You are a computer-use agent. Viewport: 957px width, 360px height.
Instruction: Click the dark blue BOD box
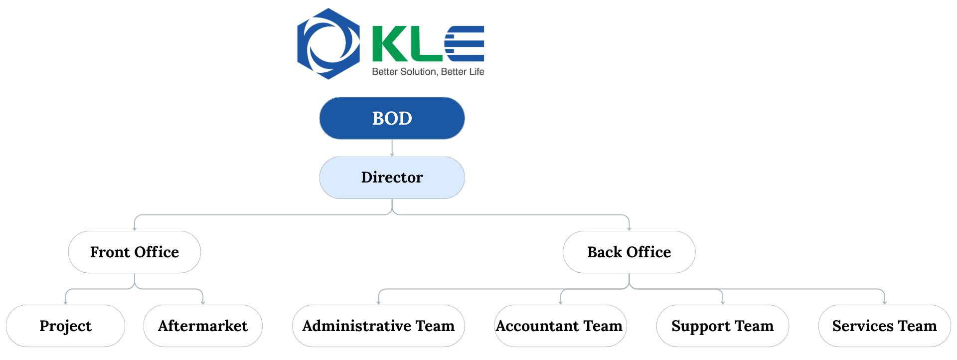click(392, 118)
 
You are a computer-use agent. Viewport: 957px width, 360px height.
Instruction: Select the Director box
click(392, 178)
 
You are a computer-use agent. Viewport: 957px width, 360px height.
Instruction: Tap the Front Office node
click(135, 252)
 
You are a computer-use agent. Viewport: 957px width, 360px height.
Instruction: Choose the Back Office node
click(629, 252)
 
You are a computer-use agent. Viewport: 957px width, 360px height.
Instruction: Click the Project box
click(65, 326)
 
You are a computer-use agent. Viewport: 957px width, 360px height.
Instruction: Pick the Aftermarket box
click(203, 326)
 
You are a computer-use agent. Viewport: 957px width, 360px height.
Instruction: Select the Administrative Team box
click(378, 326)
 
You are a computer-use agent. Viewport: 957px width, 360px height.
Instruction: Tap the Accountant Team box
click(560, 326)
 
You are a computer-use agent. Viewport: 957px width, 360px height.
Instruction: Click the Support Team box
click(723, 326)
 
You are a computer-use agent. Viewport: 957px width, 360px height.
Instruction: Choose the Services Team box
click(885, 326)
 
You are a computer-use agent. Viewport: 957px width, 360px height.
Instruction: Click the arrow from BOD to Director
click(392, 148)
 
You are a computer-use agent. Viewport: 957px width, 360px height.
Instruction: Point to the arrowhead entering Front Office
click(135, 229)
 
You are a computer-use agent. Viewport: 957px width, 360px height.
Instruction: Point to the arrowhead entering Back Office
click(629, 229)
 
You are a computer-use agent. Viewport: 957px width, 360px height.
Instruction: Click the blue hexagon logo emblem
click(328, 44)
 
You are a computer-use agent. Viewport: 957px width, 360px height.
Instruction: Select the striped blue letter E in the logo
click(464, 44)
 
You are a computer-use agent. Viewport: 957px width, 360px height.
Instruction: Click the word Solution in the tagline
click(419, 72)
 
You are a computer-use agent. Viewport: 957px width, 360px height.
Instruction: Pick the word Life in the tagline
click(477, 72)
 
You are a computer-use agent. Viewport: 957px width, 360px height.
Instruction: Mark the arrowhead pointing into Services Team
click(885, 303)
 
